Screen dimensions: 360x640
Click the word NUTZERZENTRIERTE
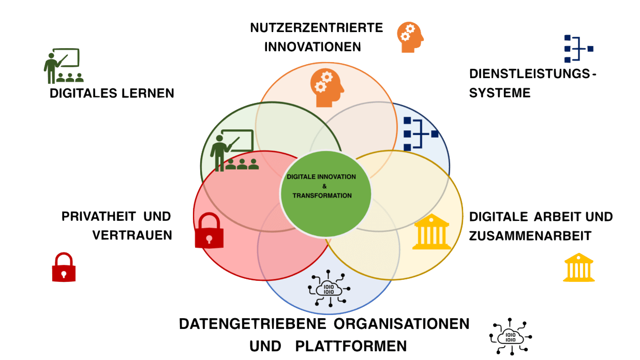click(316, 27)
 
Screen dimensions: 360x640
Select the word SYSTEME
click(500, 93)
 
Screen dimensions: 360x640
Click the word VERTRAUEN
click(132, 235)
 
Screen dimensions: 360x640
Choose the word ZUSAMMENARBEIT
click(530, 236)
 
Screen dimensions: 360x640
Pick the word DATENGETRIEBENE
click(252, 324)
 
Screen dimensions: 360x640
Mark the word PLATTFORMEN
click(351, 346)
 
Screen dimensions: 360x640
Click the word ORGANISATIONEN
click(401, 324)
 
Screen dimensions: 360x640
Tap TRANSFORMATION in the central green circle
click(322, 196)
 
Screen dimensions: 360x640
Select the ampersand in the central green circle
click(324, 186)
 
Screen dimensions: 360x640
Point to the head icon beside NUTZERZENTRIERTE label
click(410, 36)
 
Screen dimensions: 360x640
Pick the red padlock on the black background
click(64, 267)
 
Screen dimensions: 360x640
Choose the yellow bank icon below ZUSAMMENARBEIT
click(578, 267)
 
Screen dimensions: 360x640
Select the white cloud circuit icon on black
click(510, 337)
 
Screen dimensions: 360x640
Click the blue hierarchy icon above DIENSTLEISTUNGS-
click(577, 49)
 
